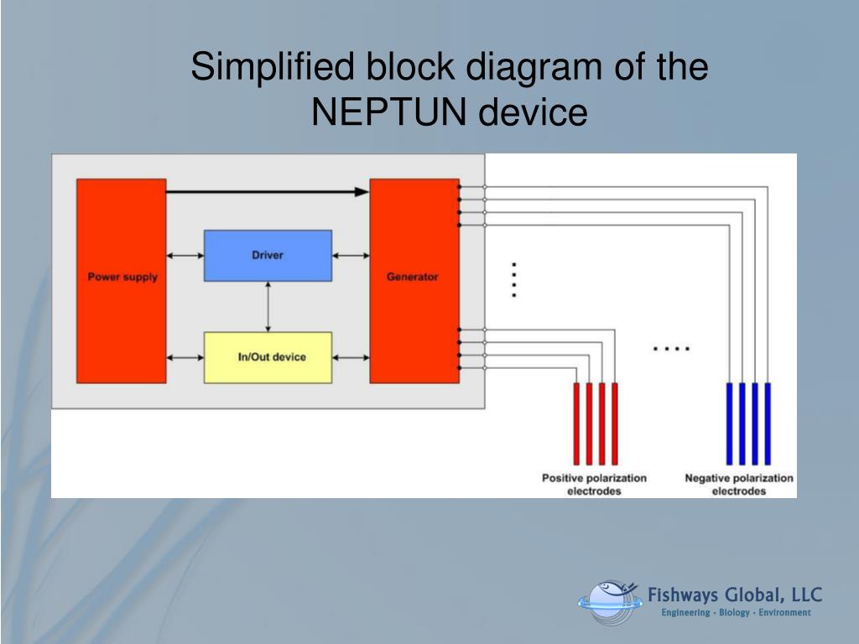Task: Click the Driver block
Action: tap(268, 255)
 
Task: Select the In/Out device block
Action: tap(268, 357)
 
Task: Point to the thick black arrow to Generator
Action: tap(268, 192)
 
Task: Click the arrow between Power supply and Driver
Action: tap(185, 255)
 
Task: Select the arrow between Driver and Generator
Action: tap(351, 255)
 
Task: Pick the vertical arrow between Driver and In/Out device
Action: tap(268, 306)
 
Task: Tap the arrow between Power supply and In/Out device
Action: tap(185, 357)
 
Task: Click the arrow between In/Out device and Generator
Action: tap(351, 357)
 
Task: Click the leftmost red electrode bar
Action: tap(577, 423)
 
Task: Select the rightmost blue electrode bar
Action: tap(768, 423)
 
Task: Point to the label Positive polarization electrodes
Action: tap(594, 484)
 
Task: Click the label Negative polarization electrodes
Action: tap(738, 484)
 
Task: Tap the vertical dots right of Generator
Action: tap(514, 280)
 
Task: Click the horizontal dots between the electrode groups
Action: tap(671, 348)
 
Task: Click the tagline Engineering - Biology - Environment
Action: tap(736, 613)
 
